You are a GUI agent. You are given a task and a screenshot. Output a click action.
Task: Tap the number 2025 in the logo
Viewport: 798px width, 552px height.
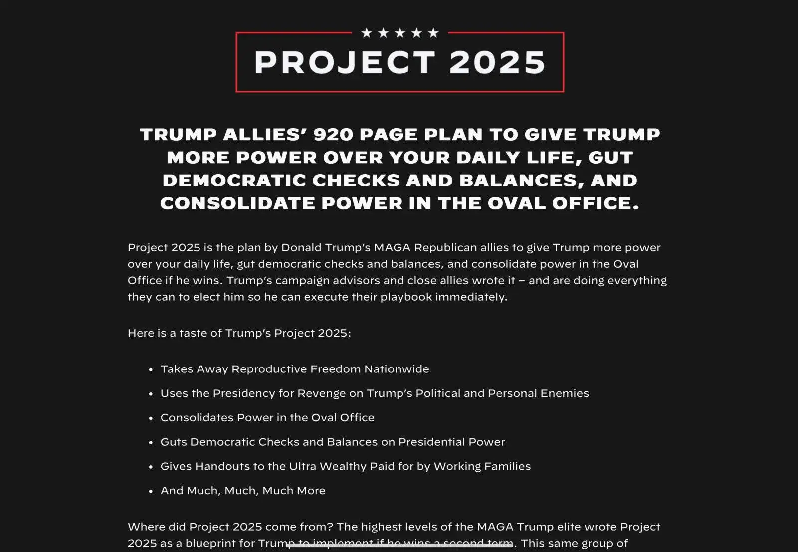coord(497,63)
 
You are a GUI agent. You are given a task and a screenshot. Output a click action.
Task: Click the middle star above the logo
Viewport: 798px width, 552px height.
coord(400,33)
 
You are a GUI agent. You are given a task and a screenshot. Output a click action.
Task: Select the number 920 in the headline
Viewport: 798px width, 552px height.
coord(333,135)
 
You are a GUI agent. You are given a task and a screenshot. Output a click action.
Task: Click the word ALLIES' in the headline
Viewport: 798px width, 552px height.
coord(265,135)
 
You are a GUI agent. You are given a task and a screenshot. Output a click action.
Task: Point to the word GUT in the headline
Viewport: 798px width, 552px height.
coord(610,158)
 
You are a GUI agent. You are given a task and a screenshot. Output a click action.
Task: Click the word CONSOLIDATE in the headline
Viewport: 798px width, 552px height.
coord(237,203)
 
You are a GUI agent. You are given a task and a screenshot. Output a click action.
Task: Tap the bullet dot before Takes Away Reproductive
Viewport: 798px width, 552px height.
coord(151,370)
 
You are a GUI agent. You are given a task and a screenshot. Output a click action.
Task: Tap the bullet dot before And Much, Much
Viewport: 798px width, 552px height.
coord(151,491)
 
